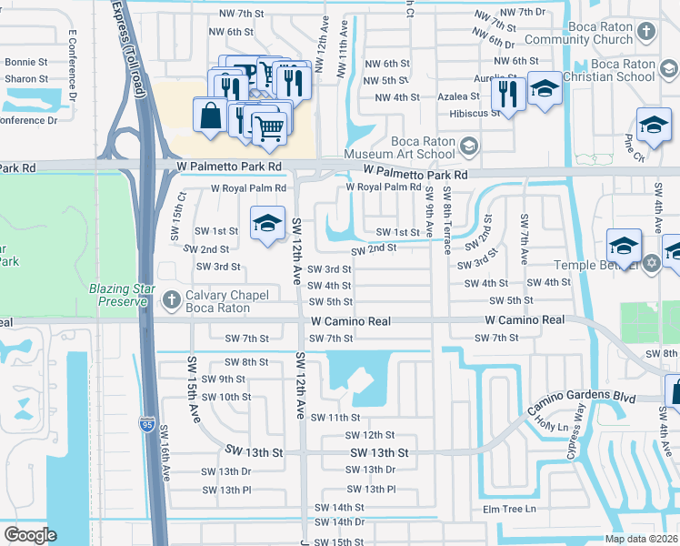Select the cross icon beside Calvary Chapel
point(171,299)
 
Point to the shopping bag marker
point(210,116)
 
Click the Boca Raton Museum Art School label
point(423,147)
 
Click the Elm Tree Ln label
point(510,509)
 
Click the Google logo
point(30,534)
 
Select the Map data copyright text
point(642,539)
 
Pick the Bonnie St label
point(26,63)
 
